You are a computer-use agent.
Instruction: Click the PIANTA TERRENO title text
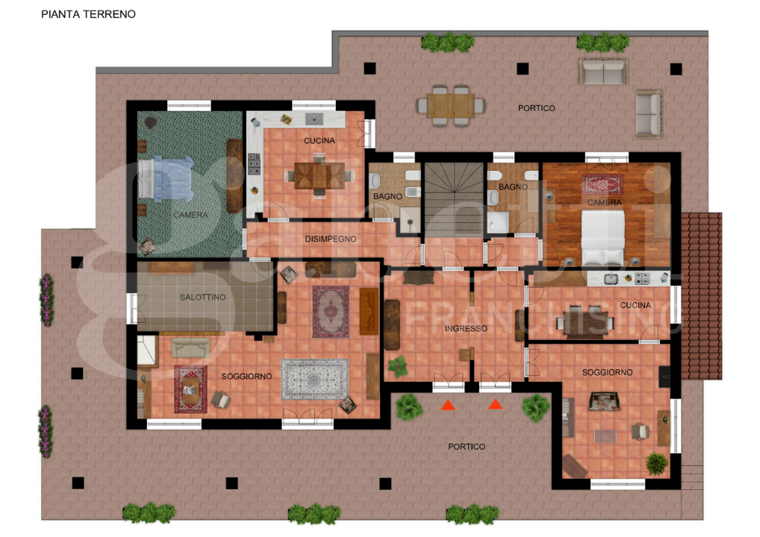pyautogui.click(x=88, y=14)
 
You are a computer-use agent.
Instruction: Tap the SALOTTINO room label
pyautogui.click(x=202, y=298)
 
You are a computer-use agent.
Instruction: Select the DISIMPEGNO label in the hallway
pyautogui.click(x=330, y=239)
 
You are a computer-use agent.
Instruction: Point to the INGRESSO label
pyautogui.click(x=465, y=329)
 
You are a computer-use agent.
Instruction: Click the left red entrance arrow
pyautogui.click(x=448, y=405)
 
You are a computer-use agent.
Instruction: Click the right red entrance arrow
pyautogui.click(x=495, y=405)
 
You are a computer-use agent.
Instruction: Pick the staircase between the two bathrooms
pyautogui.click(x=454, y=198)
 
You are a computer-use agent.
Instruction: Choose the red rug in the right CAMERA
pyautogui.click(x=602, y=184)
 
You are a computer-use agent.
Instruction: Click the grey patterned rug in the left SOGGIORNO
pyautogui.click(x=314, y=380)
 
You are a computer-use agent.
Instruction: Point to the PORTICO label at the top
pyautogui.click(x=536, y=109)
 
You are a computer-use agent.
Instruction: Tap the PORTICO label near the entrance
pyautogui.click(x=467, y=447)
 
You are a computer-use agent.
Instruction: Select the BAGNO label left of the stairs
pyautogui.click(x=388, y=197)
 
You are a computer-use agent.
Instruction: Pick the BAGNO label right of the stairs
pyautogui.click(x=513, y=186)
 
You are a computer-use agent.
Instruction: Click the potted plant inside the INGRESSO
pyautogui.click(x=397, y=365)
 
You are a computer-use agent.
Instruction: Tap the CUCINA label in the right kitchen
pyautogui.click(x=635, y=305)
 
